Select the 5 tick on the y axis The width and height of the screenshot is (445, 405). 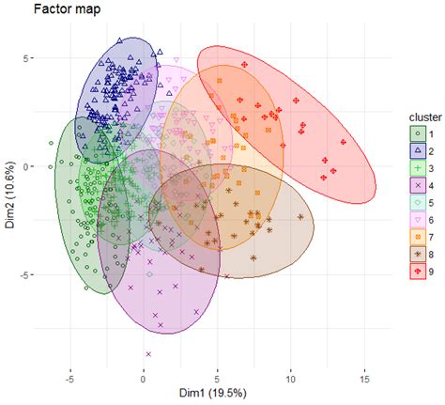click(28, 58)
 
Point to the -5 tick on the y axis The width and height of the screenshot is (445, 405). click(25, 274)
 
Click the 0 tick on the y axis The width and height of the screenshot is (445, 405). click(28, 166)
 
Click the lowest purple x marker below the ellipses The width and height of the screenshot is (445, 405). click(148, 354)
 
